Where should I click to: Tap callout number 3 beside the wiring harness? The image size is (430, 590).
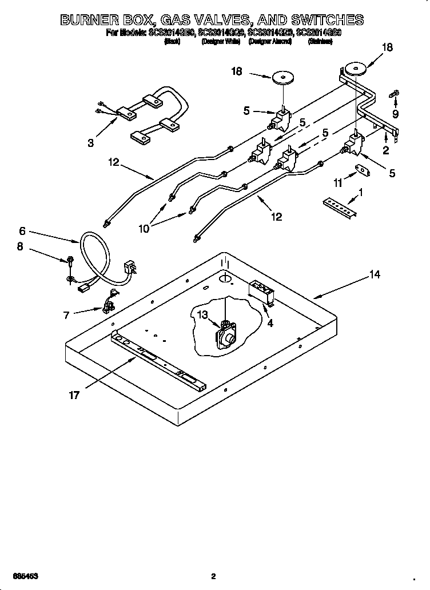91,143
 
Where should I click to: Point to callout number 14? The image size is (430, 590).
374,275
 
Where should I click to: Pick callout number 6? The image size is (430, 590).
22,231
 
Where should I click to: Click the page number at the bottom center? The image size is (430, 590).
213,576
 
